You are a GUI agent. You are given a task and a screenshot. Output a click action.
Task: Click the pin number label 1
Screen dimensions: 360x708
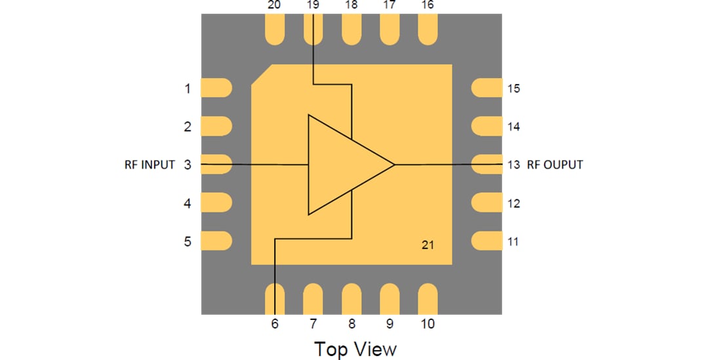[187, 89]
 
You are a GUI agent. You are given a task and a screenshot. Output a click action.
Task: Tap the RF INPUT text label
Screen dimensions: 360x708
[149, 165]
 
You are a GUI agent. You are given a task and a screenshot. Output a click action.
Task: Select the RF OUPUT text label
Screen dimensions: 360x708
[555, 165]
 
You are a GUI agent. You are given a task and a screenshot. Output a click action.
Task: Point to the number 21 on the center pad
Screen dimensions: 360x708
[427, 245]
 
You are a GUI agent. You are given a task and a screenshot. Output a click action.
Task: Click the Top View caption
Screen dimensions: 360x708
[355, 348]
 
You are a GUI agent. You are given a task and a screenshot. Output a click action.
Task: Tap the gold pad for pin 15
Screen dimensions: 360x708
[486, 88]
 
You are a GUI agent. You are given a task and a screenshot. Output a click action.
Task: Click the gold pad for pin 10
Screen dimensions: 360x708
[427, 299]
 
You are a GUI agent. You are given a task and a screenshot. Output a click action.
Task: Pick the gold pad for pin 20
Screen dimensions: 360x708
[275, 31]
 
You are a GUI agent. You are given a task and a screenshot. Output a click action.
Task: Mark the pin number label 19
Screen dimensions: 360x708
[313, 5]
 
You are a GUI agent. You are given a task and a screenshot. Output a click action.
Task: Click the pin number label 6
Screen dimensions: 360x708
[275, 323]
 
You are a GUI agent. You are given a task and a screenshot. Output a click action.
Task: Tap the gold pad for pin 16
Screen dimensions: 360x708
[427, 31]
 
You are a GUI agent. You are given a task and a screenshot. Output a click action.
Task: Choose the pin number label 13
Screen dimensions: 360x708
[513, 165]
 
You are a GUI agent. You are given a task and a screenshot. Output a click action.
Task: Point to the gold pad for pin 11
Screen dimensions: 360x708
[486, 241]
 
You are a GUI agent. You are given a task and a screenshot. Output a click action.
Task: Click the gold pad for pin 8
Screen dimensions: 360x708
[351, 299]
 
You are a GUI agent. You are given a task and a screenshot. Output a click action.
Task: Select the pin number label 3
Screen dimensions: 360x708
[187, 165]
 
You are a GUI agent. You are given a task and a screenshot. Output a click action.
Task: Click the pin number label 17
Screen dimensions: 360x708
[389, 5]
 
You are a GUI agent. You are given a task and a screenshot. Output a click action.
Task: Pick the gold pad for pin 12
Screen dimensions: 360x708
[486, 203]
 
